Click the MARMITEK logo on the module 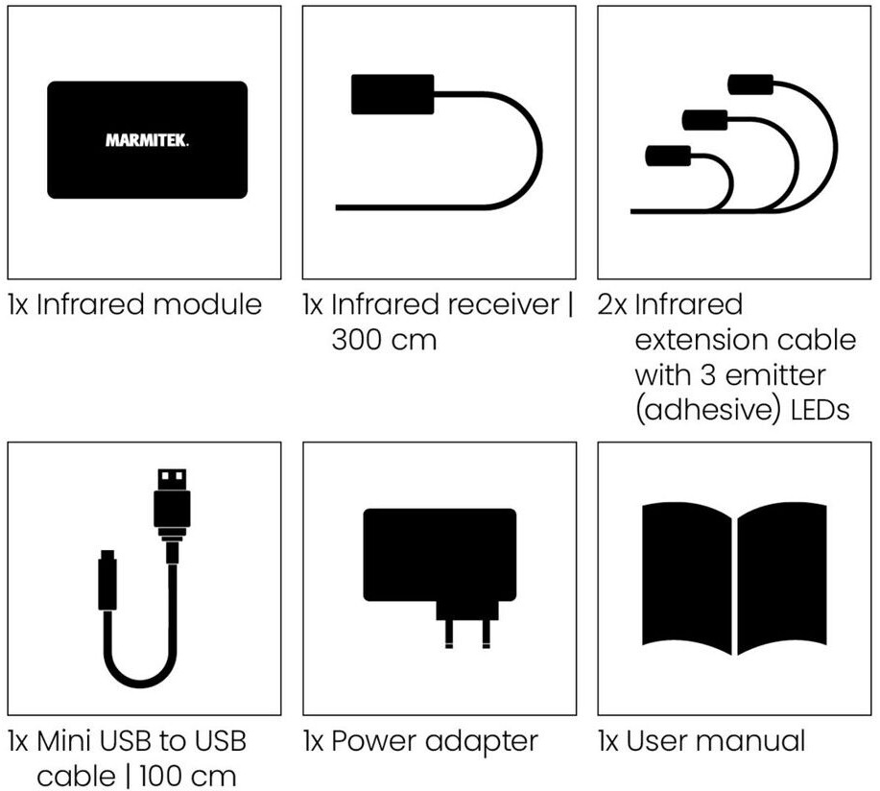[x=147, y=141]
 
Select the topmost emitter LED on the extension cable [x=753, y=84]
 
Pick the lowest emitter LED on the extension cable [x=668, y=155]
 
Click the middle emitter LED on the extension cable [x=705, y=120]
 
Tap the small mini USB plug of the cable [x=108, y=581]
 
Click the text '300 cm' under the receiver [x=384, y=340]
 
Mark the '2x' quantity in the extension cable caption [x=611, y=305]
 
